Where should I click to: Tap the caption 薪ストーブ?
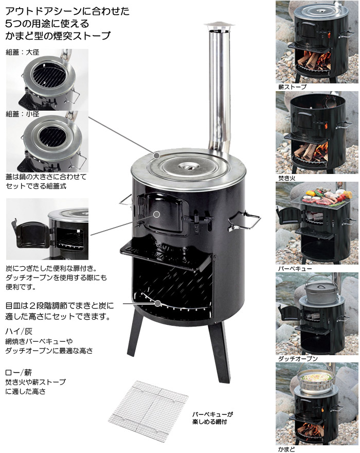292,87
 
